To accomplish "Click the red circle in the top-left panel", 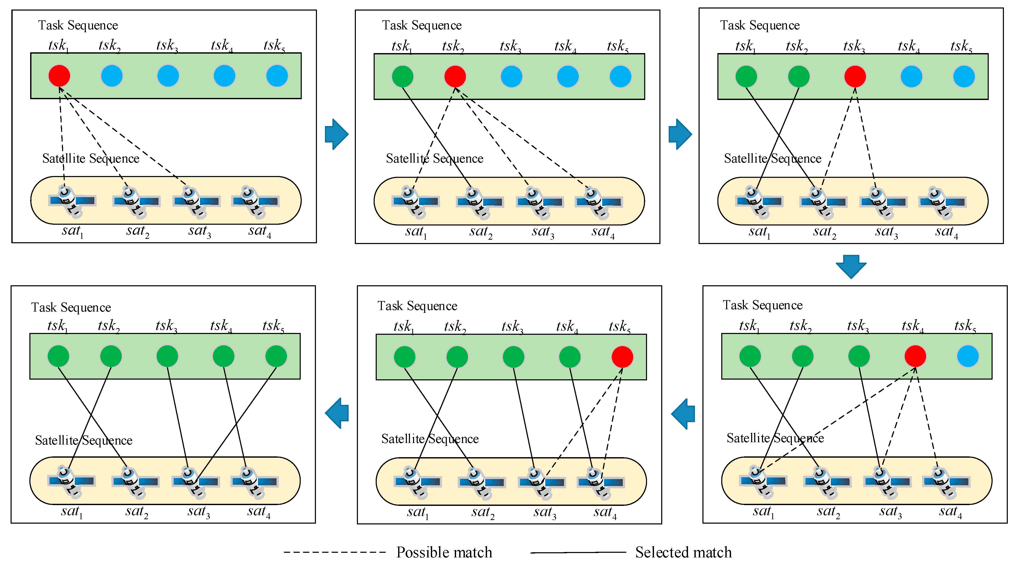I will pyautogui.click(x=59, y=76).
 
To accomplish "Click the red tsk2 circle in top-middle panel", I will pyautogui.click(x=455, y=77).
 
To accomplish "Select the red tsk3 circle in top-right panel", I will pyautogui.click(x=855, y=77).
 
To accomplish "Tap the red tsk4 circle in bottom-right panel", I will pyautogui.click(x=915, y=356).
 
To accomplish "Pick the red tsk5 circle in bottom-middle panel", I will pyautogui.click(x=622, y=357).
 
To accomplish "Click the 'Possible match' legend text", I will pyautogui.click(x=444, y=552).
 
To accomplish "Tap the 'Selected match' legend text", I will pyautogui.click(x=683, y=552).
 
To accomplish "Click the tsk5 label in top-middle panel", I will pyautogui.click(x=617, y=46).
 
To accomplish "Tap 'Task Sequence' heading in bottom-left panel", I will pyautogui.click(x=71, y=307).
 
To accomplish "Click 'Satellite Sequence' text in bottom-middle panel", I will pyautogui.click(x=430, y=439).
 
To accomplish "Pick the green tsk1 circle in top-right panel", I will pyautogui.click(x=746, y=77).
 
